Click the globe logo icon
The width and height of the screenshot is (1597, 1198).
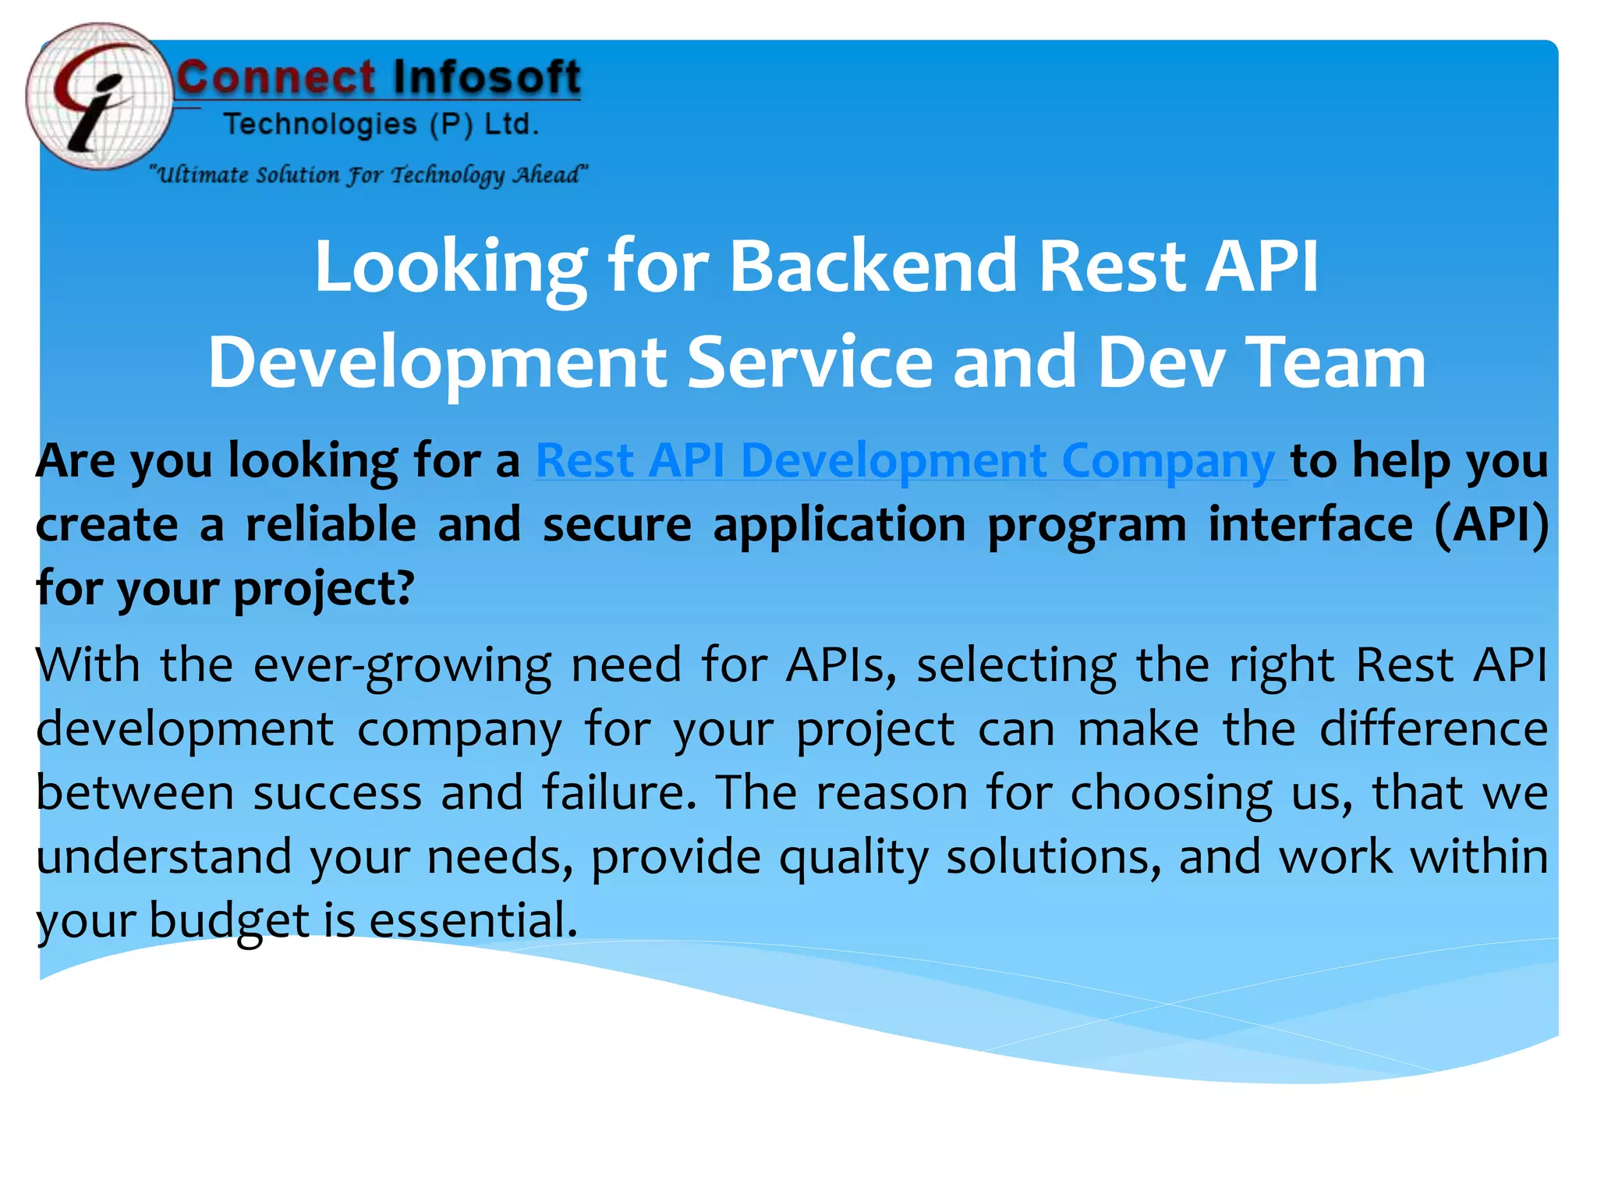(97, 97)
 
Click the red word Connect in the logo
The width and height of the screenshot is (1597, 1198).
(276, 79)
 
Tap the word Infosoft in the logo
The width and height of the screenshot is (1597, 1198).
(487, 79)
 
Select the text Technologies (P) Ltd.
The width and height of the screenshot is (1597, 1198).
(381, 125)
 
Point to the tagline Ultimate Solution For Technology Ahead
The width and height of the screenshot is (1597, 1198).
(368, 174)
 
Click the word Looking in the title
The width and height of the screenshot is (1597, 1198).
(450, 267)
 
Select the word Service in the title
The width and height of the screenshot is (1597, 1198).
(809, 362)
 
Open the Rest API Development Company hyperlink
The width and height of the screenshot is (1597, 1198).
(905, 461)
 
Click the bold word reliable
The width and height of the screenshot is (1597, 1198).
(331, 524)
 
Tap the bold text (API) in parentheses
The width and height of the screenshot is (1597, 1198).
(1491, 524)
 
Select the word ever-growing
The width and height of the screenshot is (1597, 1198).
(402, 666)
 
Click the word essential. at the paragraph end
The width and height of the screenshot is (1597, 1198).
(473, 920)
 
